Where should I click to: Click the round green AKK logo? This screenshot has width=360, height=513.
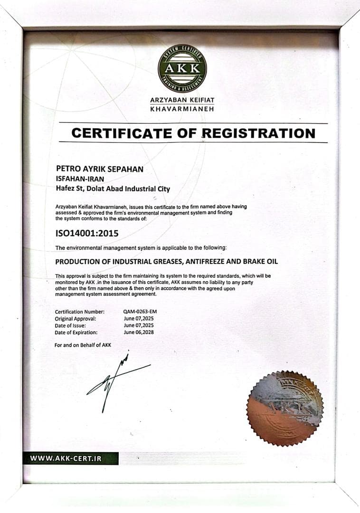182,68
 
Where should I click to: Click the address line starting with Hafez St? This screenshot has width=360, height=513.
113,189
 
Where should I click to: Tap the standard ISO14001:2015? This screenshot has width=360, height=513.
87,233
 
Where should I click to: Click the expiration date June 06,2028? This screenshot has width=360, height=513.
139,332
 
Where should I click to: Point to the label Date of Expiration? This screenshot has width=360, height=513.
76,332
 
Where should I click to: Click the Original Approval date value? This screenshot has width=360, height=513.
139,318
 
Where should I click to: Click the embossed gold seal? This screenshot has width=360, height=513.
285,408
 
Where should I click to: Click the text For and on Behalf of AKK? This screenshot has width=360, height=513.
83,345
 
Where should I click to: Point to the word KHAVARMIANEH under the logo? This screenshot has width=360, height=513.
182,109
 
